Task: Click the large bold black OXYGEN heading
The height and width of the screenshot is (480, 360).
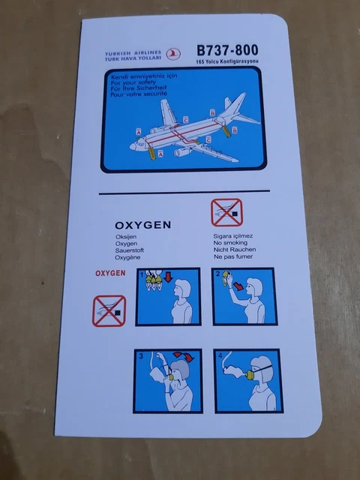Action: pyautogui.click(x=142, y=224)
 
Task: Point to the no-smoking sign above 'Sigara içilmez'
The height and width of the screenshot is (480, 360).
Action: pyautogui.click(x=226, y=213)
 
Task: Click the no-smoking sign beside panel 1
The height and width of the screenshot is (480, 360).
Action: pyautogui.click(x=109, y=310)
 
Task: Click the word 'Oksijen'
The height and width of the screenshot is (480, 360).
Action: pyautogui.click(x=127, y=237)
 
